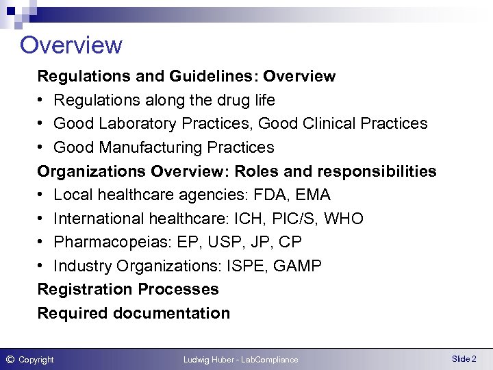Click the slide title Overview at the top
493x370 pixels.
71,45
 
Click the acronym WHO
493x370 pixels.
344,219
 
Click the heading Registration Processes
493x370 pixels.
128,289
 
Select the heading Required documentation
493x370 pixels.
134,313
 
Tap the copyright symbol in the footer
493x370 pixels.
10,359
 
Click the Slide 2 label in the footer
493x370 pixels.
464,359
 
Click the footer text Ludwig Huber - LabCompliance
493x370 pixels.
240,360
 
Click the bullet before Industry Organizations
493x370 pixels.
42,266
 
